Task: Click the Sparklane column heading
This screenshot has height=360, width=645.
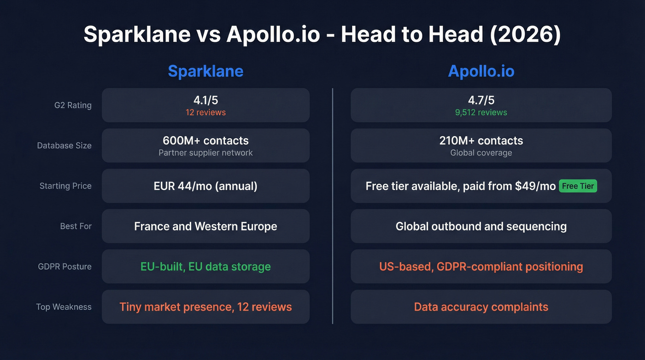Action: click(x=205, y=71)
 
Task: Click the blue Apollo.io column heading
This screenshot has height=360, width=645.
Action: click(x=481, y=71)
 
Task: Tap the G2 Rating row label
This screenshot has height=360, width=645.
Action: click(x=73, y=105)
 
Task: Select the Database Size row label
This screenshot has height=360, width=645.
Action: click(x=64, y=146)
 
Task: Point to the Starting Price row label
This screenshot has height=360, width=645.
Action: click(x=65, y=186)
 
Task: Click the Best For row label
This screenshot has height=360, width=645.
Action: click(x=76, y=226)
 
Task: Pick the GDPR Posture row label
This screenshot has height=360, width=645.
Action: click(x=65, y=266)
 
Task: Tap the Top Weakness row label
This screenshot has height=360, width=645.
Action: click(x=64, y=307)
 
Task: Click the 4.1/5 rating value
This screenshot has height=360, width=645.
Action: click(x=205, y=100)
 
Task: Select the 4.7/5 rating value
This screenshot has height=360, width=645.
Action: click(x=481, y=100)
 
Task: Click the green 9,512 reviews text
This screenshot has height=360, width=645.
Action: click(x=481, y=112)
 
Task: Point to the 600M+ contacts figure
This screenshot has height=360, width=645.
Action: click(x=205, y=141)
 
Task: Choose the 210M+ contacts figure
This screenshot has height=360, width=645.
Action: click(x=481, y=141)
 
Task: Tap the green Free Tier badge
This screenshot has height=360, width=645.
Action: click(x=578, y=186)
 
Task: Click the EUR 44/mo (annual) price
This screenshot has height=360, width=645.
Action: click(x=205, y=186)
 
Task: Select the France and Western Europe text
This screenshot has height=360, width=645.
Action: click(x=205, y=226)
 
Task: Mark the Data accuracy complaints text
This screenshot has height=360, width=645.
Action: click(x=481, y=307)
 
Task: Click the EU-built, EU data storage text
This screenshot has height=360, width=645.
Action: click(x=205, y=266)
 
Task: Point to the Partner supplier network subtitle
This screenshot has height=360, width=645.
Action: click(x=205, y=153)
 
